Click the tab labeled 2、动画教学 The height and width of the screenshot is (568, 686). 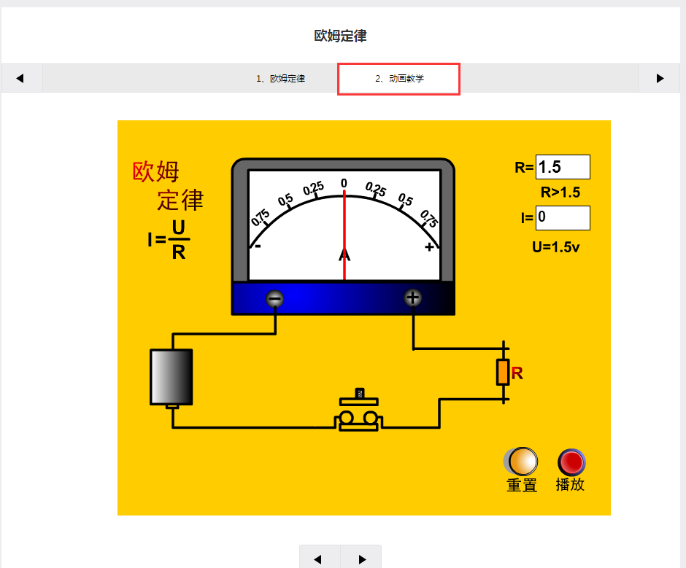(398, 79)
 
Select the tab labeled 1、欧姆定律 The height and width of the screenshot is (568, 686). (280, 79)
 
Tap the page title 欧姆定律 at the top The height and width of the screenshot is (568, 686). (340, 36)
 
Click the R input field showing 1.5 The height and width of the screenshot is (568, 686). (562, 167)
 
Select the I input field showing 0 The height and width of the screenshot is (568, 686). (562, 217)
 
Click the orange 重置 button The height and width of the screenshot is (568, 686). (523, 462)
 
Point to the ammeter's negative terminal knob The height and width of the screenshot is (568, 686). (275, 298)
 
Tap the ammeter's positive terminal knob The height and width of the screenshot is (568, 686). (413, 297)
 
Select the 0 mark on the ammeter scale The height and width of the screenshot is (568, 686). (344, 183)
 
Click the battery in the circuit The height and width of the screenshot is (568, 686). (171, 377)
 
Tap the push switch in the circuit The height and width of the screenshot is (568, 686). (358, 414)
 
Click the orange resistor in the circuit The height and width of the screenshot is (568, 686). (503, 372)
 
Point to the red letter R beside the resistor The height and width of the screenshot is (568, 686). (517, 373)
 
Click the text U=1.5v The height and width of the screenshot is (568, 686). (555, 246)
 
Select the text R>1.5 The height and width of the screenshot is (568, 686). (560, 192)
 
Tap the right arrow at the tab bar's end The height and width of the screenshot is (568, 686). (660, 79)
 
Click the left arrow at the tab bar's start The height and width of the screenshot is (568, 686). (20, 79)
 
